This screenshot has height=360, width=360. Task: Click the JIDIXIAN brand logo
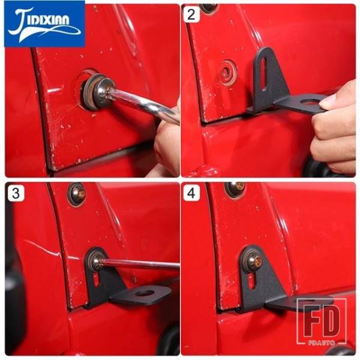[x=44, y=24]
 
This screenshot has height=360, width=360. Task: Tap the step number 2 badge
[x=191, y=14]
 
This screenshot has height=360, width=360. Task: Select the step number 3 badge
[x=16, y=194]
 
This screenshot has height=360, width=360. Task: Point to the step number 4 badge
[x=191, y=193]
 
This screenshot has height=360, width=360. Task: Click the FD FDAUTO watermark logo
[x=322, y=321]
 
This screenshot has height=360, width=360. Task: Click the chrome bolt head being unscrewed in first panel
[x=101, y=91]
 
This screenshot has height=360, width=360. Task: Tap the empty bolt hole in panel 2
[x=227, y=73]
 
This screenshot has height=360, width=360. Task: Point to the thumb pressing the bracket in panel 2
[x=331, y=103]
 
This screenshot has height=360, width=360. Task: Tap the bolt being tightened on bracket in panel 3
[x=96, y=261]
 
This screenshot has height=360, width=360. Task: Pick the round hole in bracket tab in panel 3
[x=144, y=293]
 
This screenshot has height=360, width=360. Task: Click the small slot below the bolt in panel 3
[x=96, y=281]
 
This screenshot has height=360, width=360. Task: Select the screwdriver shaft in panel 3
[x=140, y=263]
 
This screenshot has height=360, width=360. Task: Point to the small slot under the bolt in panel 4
[x=251, y=282]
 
